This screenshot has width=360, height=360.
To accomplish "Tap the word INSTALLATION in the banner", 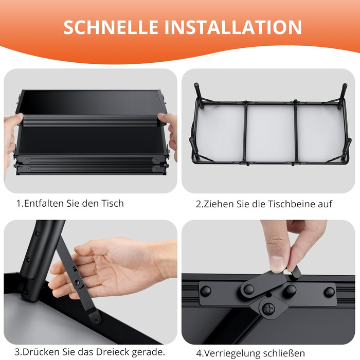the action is coord(233,27).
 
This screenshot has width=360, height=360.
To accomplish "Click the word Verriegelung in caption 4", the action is coord(232,353).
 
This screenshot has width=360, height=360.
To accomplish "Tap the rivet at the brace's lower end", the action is coord(97,319).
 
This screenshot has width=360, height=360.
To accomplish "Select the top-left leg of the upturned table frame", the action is coord(199,95).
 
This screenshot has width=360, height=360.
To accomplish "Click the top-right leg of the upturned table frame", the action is coord(343,94).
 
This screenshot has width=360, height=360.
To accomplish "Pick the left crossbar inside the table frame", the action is coord(245,132).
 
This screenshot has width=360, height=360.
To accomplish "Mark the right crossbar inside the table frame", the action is coord(296,132).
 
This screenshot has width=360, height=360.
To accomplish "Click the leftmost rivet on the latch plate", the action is coord(206,291).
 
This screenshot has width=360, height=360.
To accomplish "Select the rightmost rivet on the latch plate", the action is coord(330,292).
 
